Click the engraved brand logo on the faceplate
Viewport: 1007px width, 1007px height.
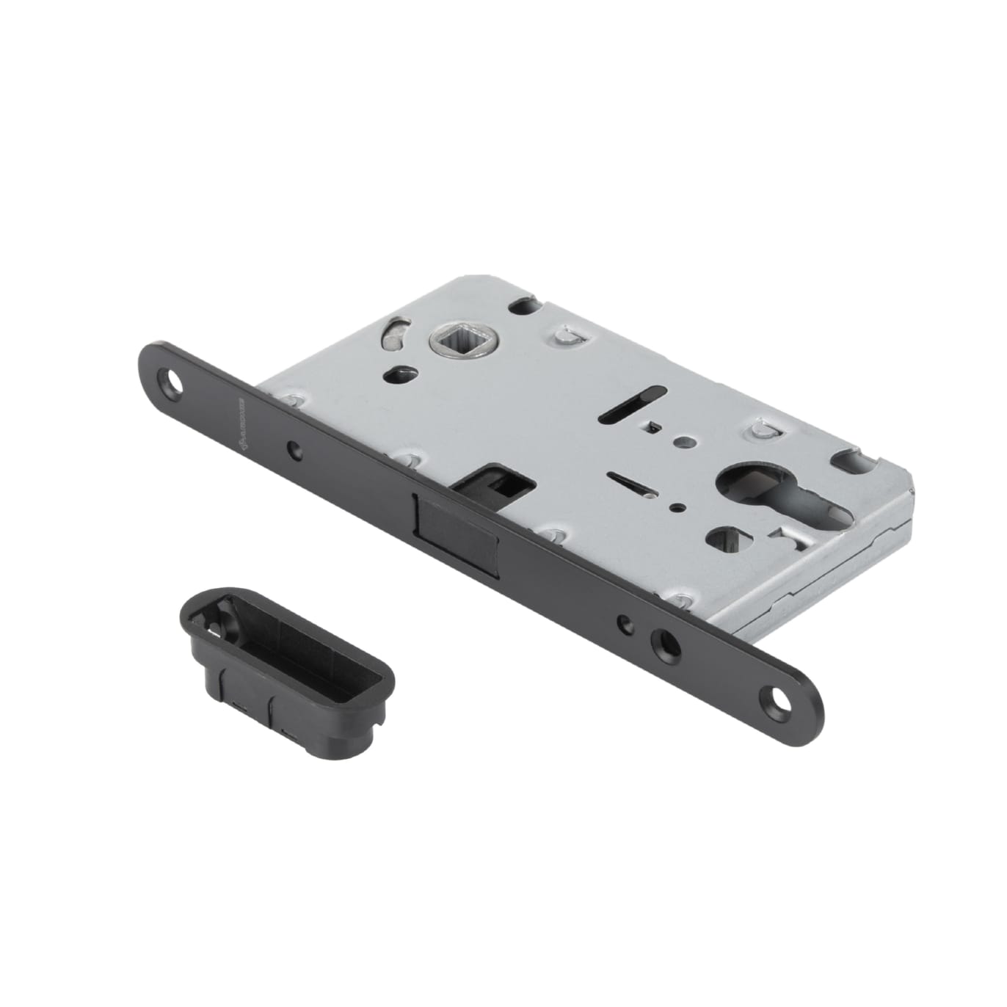[241, 419]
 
